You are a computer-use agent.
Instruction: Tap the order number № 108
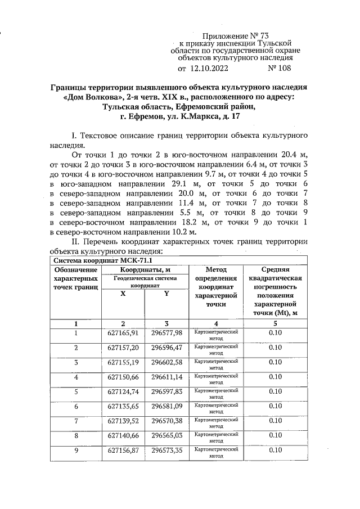point(279,69)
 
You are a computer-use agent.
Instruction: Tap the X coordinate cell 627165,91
point(123,334)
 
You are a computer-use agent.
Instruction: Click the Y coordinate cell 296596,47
point(167,348)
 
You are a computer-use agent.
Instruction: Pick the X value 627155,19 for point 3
point(123,363)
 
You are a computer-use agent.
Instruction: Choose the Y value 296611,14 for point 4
point(167,377)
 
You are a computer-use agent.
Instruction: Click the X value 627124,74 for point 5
point(123,392)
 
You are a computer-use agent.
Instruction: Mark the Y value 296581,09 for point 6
point(167,407)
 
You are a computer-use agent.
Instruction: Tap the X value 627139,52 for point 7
point(123,421)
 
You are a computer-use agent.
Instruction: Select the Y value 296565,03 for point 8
point(167,436)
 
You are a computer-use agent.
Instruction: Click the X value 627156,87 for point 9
point(123,451)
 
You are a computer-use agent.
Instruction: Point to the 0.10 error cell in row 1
point(275,334)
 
